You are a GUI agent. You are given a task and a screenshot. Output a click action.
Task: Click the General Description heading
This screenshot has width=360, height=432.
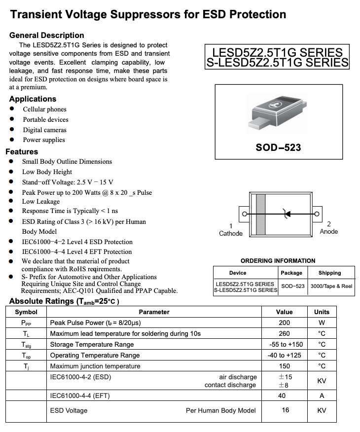[x=46, y=36]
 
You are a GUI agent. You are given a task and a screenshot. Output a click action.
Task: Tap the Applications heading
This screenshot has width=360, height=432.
[x=33, y=99]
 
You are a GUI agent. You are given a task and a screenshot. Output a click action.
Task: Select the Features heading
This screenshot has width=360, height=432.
[x=22, y=152]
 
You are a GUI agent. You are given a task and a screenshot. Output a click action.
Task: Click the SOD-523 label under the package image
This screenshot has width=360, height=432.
[x=278, y=147]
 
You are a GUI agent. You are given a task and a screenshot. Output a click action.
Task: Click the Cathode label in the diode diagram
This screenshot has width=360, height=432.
[x=231, y=233]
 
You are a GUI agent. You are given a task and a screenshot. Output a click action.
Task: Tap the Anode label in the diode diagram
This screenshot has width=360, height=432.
[x=329, y=231]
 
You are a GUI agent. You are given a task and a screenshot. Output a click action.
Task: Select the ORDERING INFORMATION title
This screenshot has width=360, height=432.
[x=278, y=260]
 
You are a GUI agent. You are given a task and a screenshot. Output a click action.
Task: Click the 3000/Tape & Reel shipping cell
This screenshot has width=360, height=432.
[x=331, y=286]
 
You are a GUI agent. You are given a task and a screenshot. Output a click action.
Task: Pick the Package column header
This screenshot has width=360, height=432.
[x=291, y=273]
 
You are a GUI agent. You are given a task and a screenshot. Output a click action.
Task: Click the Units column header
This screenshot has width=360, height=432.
[x=322, y=312]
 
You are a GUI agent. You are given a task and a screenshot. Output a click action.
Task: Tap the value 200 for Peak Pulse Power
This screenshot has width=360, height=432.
[x=284, y=323]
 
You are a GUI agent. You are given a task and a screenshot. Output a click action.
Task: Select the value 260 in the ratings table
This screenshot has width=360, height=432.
[x=284, y=334]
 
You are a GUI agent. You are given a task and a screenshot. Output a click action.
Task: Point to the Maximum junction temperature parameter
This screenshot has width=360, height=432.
[x=95, y=366]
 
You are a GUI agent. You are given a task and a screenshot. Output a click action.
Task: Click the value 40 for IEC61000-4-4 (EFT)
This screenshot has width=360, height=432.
[x=282, y=396]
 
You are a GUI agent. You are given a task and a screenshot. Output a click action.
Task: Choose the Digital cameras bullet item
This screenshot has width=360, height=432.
[x=44, y=130]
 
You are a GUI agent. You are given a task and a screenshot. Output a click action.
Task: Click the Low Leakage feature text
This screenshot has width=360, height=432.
[x=40, y=202]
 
